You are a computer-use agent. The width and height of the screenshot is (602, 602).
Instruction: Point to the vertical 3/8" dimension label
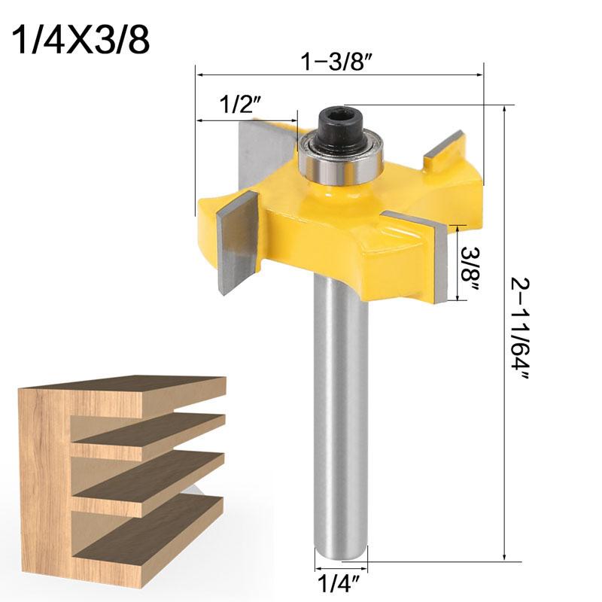tap(473, 265)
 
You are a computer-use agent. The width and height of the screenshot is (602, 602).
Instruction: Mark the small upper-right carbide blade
tap(444, 150)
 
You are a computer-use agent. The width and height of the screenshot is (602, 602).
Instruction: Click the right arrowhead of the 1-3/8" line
tap(478, 74)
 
